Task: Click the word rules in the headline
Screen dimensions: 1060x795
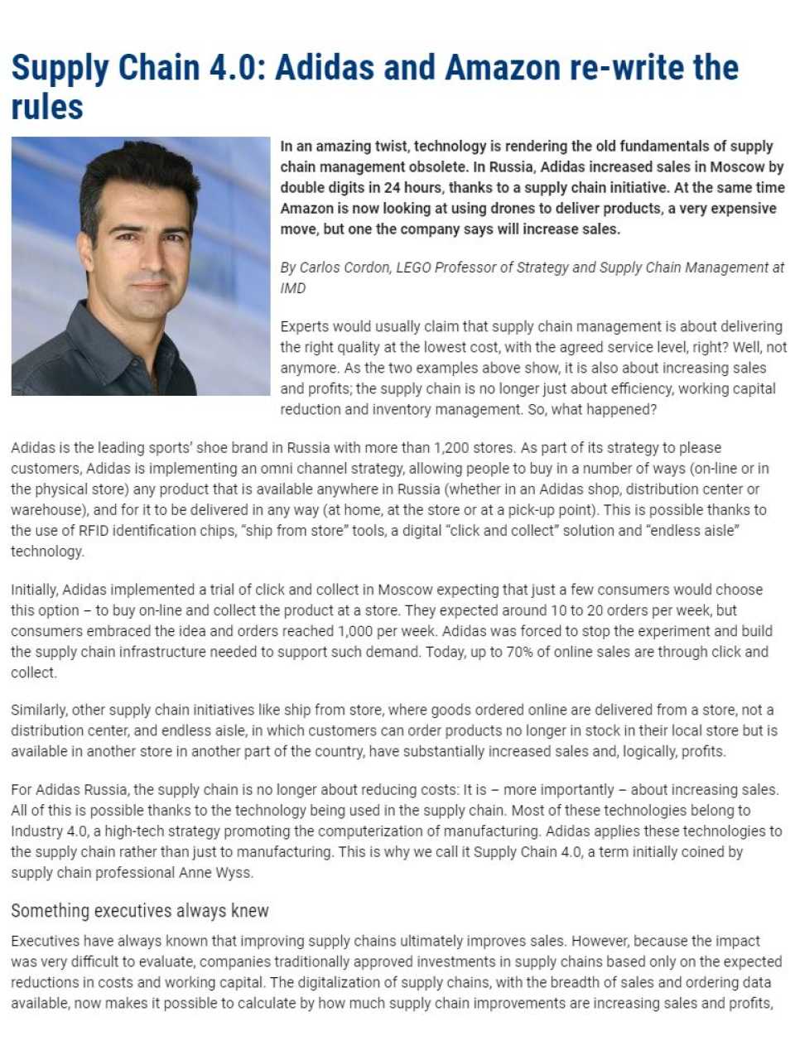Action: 47,108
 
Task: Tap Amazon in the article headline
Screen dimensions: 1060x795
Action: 500,68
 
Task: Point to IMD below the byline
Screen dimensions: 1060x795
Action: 293,288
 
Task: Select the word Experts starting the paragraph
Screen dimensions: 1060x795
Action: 308,326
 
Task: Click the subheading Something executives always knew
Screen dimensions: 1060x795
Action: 140,911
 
